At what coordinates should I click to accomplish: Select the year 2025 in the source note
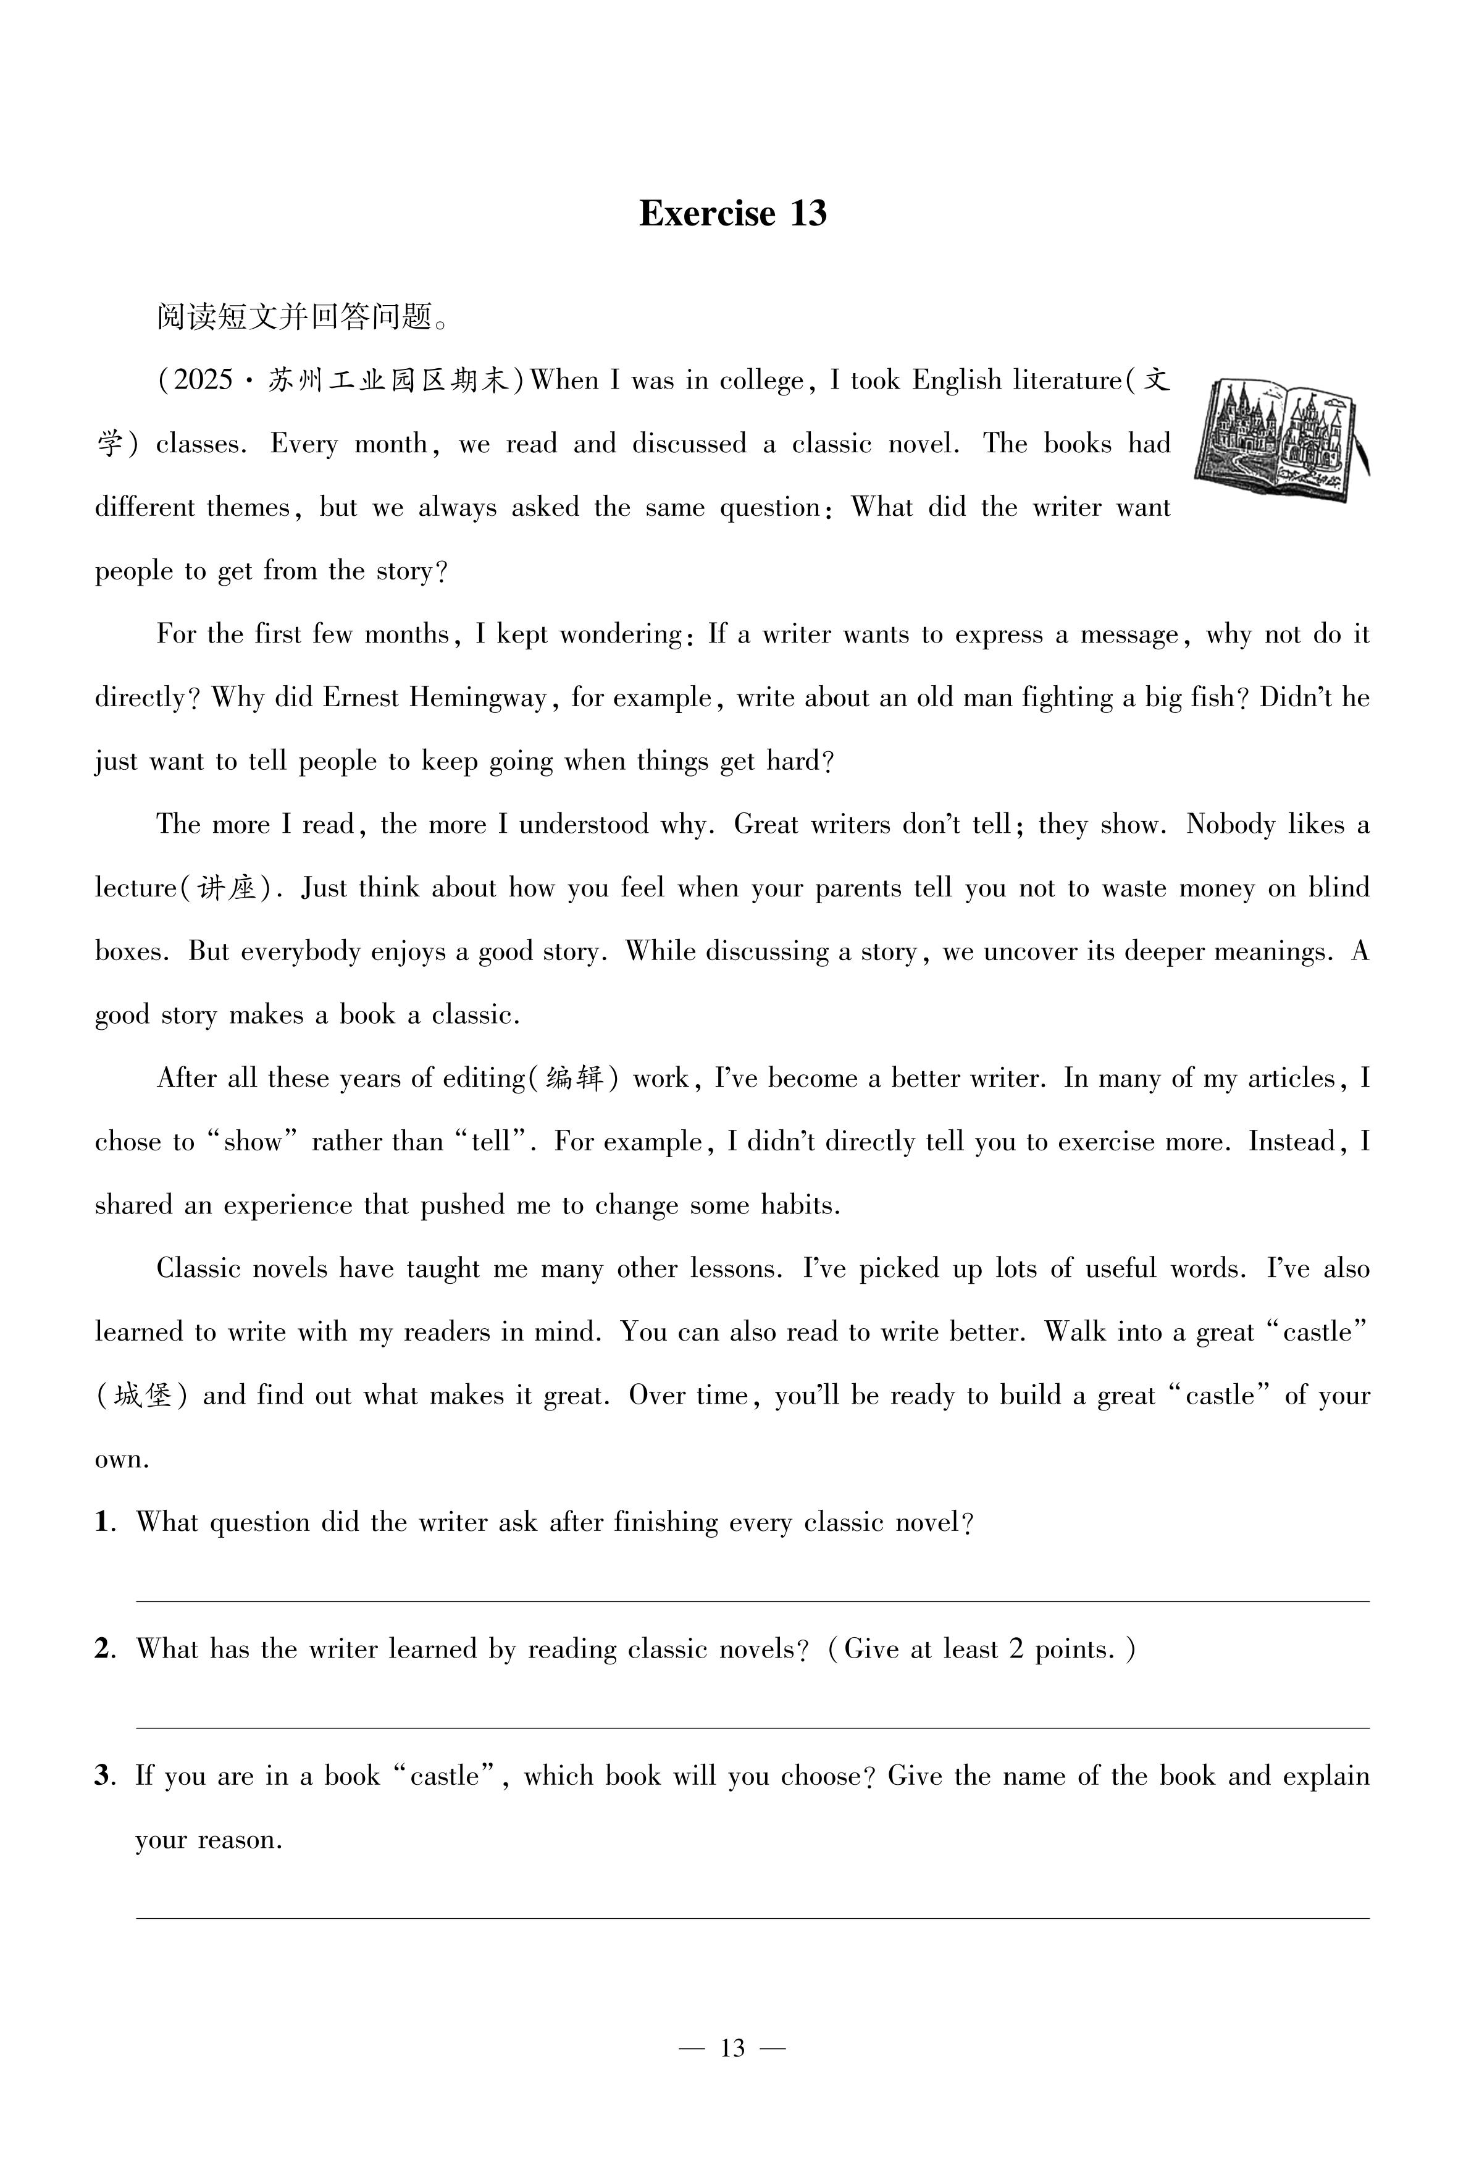pos(203,381)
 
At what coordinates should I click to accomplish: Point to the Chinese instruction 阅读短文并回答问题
pos(302,318)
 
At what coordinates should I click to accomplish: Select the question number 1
pos(102,1523)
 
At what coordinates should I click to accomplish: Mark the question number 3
pos(102,1776)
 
